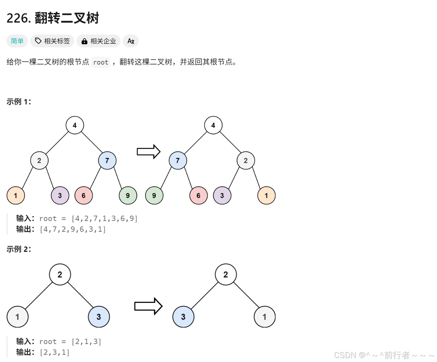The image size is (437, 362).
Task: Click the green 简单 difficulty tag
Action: [17, 41]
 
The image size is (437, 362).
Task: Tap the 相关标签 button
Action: [52, 41]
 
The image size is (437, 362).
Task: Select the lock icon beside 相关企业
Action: [84, 41]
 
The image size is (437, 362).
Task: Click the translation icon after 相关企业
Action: [131, 41]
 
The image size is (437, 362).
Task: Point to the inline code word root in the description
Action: [100, 62]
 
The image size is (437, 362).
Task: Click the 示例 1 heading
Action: [19, 102]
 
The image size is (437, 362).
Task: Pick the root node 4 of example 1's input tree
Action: [75, 125]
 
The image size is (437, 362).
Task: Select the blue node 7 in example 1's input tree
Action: [107, 160]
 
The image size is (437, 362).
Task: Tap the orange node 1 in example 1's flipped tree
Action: [266, 196]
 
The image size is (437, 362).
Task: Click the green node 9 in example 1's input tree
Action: [128, 196]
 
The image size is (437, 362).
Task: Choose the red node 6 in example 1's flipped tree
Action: [198, 196]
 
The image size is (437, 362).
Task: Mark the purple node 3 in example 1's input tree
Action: [60, 196]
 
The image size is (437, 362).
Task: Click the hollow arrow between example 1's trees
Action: [148, 151]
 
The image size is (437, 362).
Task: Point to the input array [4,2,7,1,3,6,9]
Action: [104, 218]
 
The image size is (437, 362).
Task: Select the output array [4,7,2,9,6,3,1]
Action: [73, 229]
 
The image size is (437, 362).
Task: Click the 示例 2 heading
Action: [19, 249]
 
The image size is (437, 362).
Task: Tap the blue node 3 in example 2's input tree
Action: [99, 317]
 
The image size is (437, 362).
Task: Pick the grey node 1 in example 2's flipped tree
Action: [264, 317]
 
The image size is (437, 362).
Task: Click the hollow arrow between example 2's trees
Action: [148, 306]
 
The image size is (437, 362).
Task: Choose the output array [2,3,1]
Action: [55, 352]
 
